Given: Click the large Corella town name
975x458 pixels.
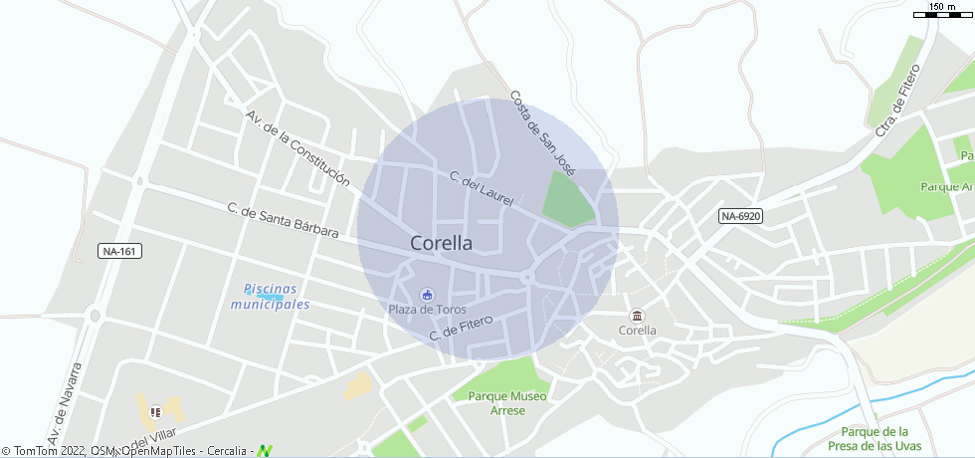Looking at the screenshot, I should tap(441, 242).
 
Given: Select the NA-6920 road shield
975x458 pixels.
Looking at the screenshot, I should tap(740, 216).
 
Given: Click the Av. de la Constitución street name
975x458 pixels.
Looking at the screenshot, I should tap(297, 147).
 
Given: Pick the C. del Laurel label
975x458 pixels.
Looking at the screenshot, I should tap(482, 189).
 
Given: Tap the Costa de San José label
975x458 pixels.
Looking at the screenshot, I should tap(542, 133).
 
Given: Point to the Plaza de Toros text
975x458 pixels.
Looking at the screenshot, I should tap(427, 310).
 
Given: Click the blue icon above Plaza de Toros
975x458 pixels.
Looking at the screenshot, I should tap(427, 294).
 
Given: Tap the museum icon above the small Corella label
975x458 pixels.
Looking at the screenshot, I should tap(638, 316).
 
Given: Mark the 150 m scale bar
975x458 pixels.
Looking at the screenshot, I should tap(942, 12).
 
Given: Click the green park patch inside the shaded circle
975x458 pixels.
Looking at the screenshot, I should tap(568, 199).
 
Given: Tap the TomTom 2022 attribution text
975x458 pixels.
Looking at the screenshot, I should tap(44, 451).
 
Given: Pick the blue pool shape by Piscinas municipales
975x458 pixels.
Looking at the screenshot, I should tap(270, 297).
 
